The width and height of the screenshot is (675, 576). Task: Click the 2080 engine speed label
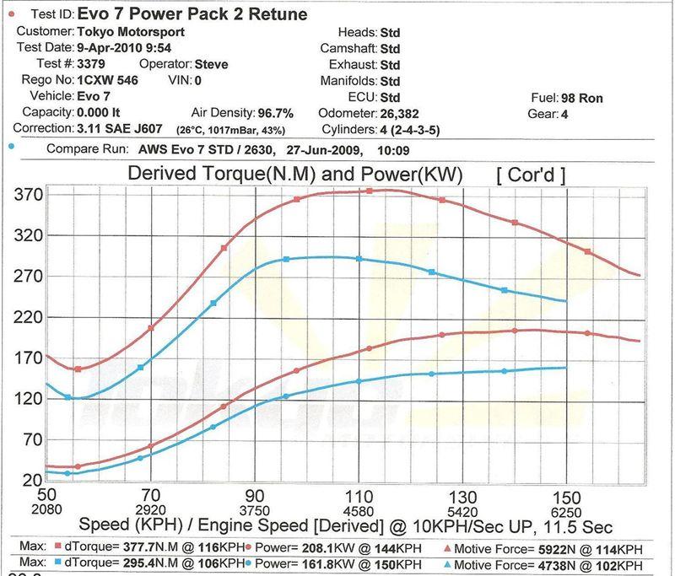[46, 511]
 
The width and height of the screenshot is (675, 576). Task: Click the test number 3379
[91, 64]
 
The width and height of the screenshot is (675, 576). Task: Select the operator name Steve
[210, 64]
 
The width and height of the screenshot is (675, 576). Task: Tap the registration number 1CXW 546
[107, 81]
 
